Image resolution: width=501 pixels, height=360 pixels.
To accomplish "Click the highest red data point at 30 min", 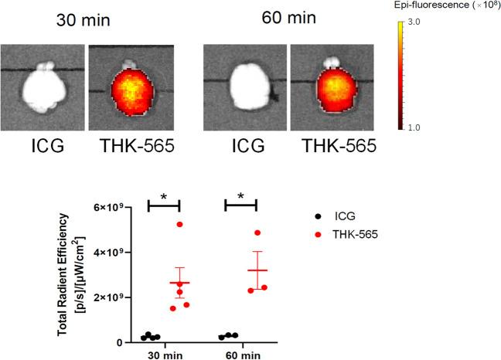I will click(179, 224).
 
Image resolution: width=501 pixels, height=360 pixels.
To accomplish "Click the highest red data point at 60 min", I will click(257, 233).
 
